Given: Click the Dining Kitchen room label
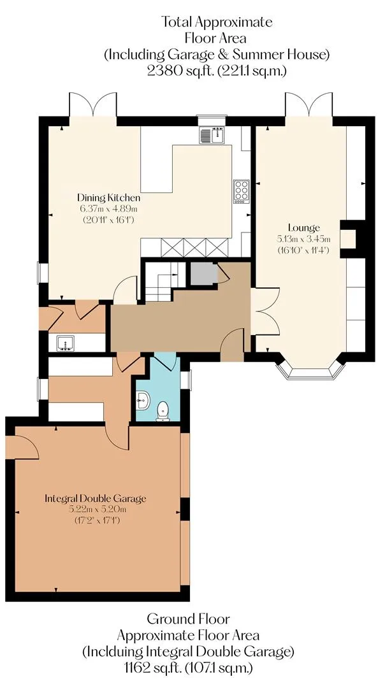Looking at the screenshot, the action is (x=108, y=197).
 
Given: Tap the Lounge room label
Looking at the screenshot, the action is (x=303, y=227).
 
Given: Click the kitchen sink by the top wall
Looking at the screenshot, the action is (x=212, y=134).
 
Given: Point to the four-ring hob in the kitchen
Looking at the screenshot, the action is (x=241, y=191).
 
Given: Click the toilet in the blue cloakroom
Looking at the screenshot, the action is (x=163, y=411).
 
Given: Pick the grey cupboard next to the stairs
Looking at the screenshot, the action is (x=204, y=274).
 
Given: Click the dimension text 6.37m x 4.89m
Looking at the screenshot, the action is (x=108, y=209).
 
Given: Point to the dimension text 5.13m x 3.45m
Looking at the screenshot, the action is (x=303, y=239).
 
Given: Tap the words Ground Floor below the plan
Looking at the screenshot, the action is (x=188, y=619).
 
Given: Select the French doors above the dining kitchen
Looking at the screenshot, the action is (x=93, y=104).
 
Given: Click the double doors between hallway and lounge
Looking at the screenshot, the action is (x=265, y=311).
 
